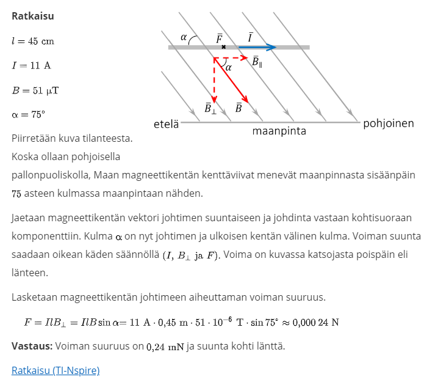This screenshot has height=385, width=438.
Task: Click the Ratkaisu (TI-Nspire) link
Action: (x=56, y=370)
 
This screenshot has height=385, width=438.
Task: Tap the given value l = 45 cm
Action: (x=33, y=41)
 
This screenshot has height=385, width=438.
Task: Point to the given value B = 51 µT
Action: (x=36, y=90)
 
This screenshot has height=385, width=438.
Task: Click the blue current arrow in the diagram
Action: (x=253, y=47)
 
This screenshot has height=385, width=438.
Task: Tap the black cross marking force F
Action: (x=223, y=47)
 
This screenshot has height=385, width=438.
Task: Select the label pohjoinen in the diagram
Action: (x=389, y=123)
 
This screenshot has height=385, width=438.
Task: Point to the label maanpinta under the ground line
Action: (x=279, y=131)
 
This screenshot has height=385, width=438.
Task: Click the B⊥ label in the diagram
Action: (x=210, y=109)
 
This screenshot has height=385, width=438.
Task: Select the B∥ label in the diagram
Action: (x=257, y=61)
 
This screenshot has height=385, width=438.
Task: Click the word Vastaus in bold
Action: (x=32, y=346)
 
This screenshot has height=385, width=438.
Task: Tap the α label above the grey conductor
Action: (x=184, y=37)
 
